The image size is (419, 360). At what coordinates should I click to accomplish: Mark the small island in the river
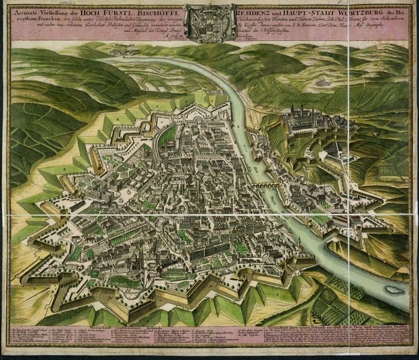tap(394, 289)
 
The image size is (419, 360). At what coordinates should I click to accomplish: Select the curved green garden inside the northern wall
tap(168, 135)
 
